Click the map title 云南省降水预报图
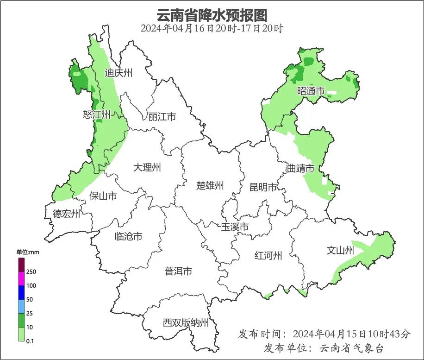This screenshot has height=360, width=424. point(212,15)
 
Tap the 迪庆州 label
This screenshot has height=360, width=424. point(118,73)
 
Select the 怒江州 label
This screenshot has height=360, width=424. point(97,114)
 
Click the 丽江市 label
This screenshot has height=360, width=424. point(162,117)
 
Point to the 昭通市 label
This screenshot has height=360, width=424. point(311,91)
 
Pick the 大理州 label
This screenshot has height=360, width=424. point(147,167)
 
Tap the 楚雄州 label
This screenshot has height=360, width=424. point(210,186)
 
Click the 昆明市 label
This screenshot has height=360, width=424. point(263,187)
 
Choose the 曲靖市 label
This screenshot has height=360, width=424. point(300,168)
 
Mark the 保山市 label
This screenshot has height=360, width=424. point(103,196)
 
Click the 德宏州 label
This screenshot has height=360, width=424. point(66,214)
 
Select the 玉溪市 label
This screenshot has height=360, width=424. point(235,227)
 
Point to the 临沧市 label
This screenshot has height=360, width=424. point(128,236)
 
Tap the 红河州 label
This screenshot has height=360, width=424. point(268,255)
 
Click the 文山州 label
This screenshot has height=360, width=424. point(340,251)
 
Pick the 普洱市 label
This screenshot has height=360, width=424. point(178,272)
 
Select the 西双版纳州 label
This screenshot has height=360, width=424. point(186,323)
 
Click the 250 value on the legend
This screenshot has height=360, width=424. point(31,272)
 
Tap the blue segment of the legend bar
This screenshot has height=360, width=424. point(21,292)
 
